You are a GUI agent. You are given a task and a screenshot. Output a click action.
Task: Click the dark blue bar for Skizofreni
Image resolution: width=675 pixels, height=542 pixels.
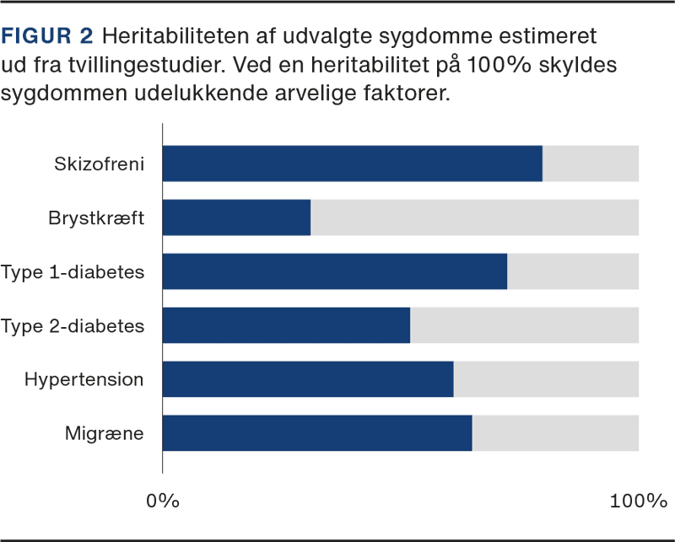click(352, 164)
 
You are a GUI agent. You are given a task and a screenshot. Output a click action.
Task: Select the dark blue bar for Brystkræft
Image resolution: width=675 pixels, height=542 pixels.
click(236, 217)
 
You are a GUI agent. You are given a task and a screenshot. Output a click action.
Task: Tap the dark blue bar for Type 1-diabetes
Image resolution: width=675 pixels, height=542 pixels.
click(334, 271)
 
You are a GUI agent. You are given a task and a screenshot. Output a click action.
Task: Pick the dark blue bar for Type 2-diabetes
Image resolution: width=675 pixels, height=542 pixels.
click(286, 325)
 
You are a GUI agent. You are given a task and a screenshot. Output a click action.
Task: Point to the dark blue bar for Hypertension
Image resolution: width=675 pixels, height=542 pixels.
click(308, 379)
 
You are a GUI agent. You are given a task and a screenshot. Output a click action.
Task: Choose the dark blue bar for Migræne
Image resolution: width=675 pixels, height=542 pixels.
click(317, 433)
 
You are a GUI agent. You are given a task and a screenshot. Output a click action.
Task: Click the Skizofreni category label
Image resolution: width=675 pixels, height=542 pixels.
click(99, 164)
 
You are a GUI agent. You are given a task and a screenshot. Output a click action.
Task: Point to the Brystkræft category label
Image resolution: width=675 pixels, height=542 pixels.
click(95, 218)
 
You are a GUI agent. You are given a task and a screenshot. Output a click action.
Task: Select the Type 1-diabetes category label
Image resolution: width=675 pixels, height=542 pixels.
click(73, 272)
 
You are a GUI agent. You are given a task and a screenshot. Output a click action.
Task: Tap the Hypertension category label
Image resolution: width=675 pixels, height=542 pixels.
click(84, 380)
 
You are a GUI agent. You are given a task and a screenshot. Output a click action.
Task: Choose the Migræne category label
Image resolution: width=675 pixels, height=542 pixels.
click(104, 434)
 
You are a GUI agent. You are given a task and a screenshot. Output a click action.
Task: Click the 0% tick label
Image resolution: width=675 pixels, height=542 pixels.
click(163, 501)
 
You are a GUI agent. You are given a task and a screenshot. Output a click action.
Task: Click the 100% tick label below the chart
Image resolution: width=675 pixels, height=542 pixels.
click(637, 501)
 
